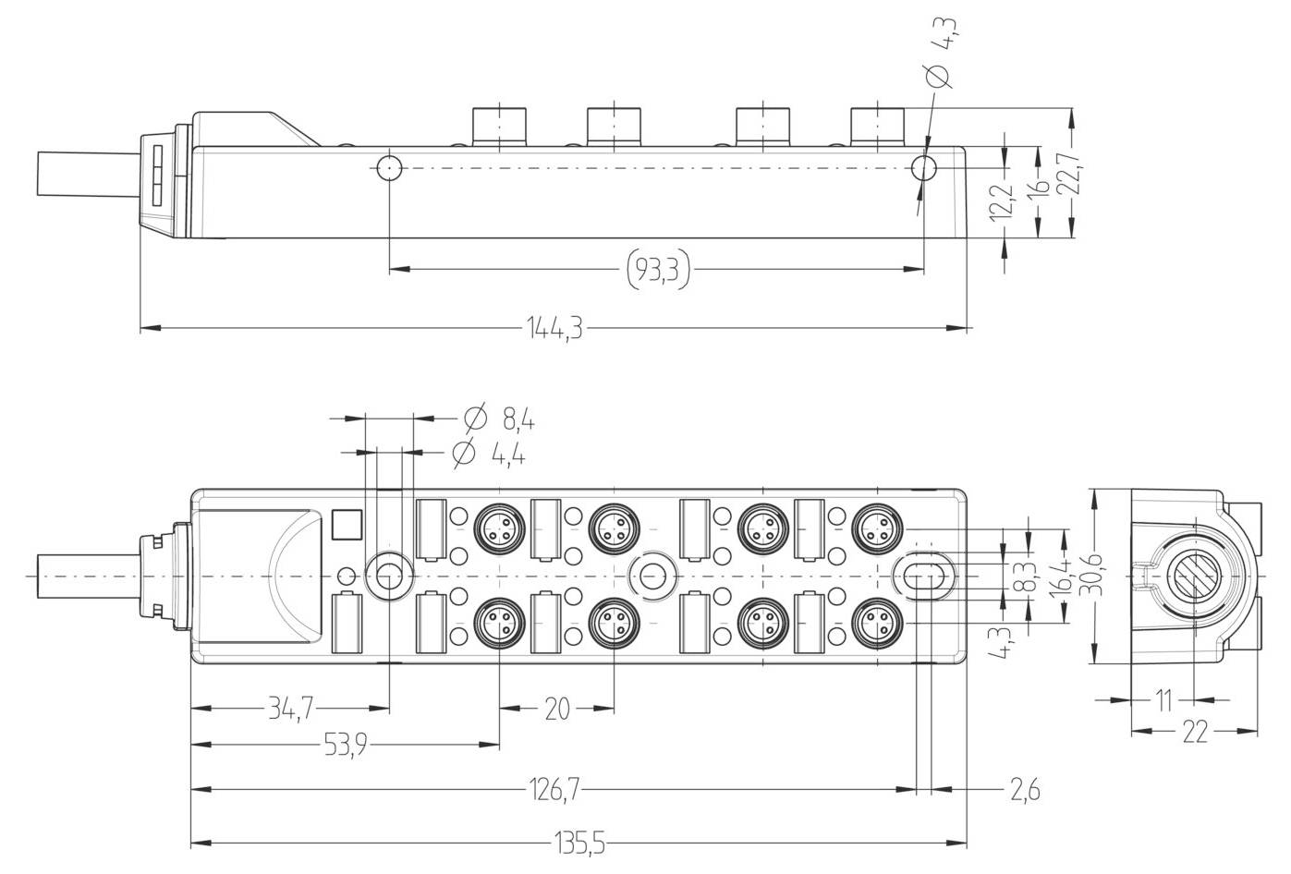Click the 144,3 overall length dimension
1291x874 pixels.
(x=554, y=328)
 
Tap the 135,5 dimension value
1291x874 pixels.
(x=579, y=844)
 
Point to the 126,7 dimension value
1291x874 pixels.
(x=554, y=790)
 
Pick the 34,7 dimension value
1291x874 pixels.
(x=290, y=710)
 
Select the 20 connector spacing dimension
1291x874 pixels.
(x=557, y=710)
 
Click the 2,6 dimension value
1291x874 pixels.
(x=1024, y=790)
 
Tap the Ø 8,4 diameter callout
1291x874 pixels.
(x=500, y=419)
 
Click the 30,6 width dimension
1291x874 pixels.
(x=1096, y=577)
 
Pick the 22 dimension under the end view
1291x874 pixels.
(x=1194, y=733)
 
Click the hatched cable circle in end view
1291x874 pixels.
(x=1193, y=577)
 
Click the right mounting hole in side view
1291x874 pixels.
(x=923, y=168)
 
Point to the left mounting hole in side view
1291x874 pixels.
(x=389, y=168)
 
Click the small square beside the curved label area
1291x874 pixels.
(x=344, y=525)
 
